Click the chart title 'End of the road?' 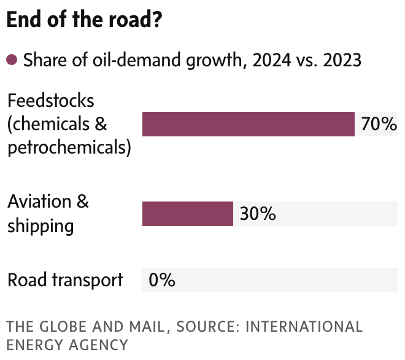click(x=85, y=20)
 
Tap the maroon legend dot click(x=12, y=60)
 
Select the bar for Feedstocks click(x=249, y=123)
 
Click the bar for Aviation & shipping click(x=188, y=214)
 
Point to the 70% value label click(x=379, y=124)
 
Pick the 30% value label click(x=257, y=214)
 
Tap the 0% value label click(x=162, y=280)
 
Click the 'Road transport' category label click(x=65, y=280)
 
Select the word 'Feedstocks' click(x=51, y=100)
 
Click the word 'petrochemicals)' click(x=69, y=148)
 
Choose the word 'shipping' click(x=40, y=226)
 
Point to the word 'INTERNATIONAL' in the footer click(x=304, y=326)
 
